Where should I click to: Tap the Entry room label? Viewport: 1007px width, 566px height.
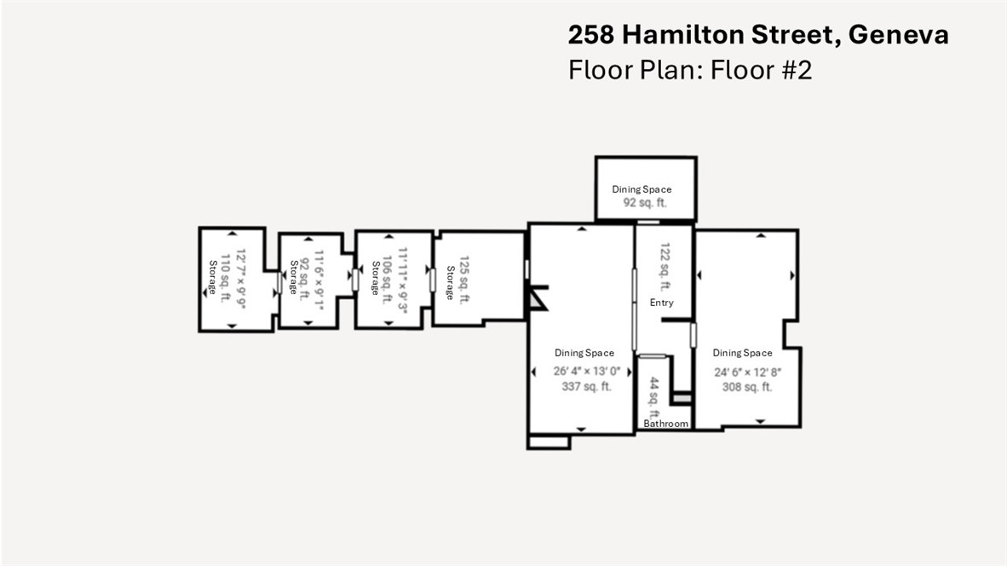662,303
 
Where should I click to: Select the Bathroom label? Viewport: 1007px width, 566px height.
665,424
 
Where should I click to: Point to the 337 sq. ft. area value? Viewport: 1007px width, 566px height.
584,386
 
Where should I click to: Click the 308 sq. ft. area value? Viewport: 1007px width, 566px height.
743,386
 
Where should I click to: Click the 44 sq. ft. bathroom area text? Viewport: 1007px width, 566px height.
654,396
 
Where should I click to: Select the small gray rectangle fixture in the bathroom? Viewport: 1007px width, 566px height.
681,398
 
